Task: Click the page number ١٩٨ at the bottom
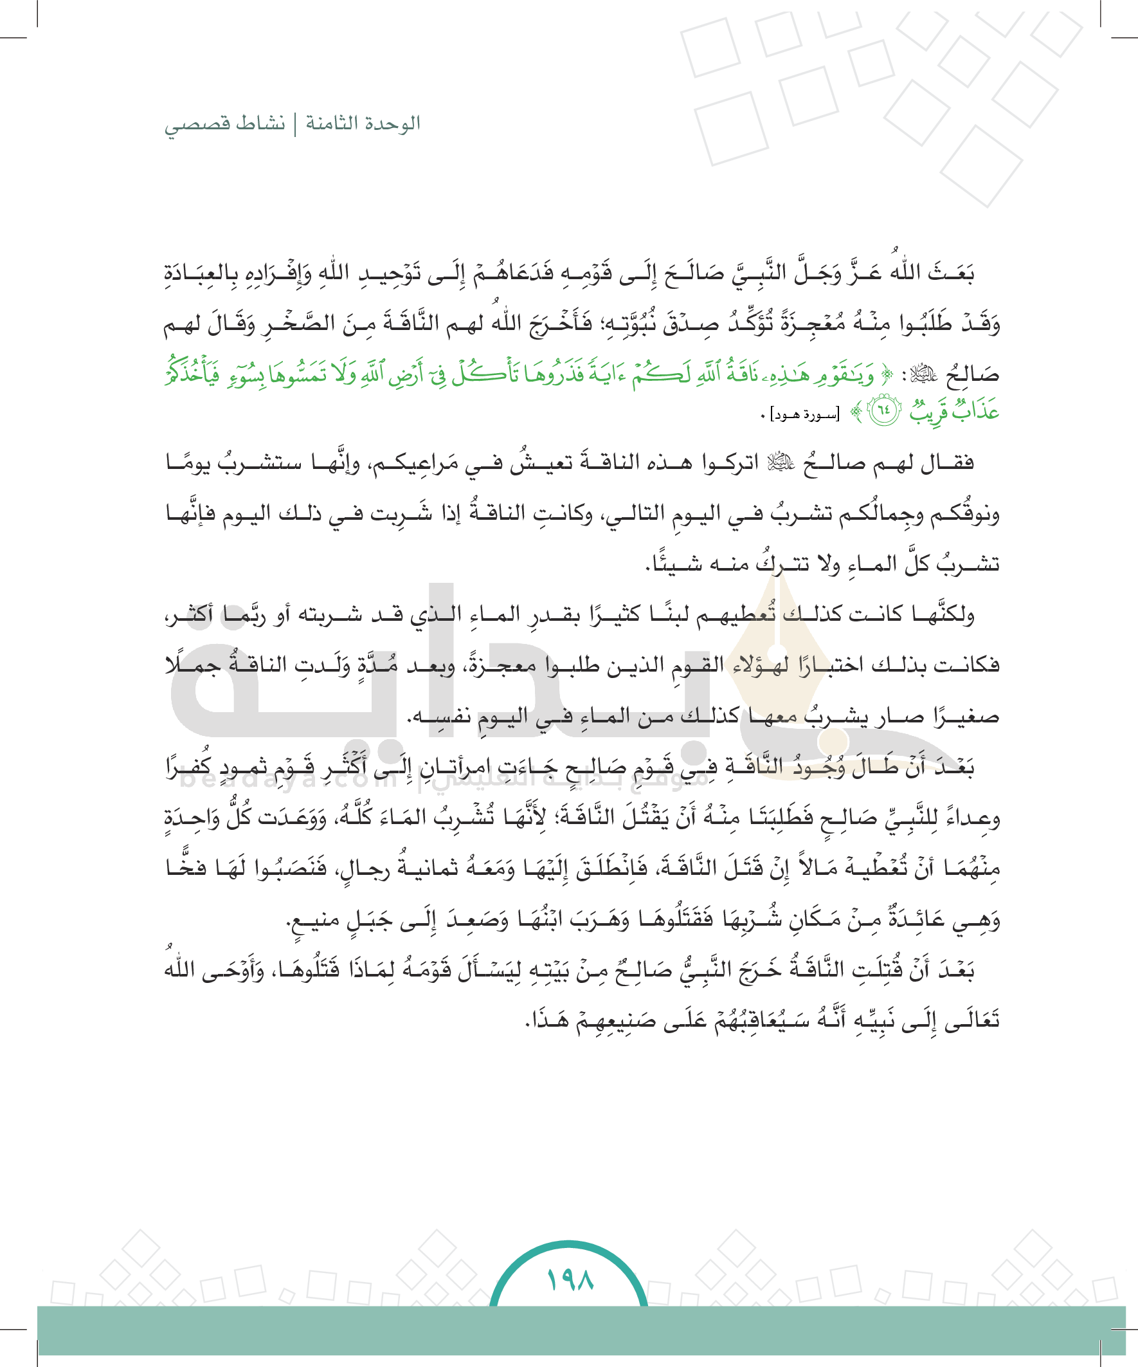[570, 1280]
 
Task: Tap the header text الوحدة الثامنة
[363, 123]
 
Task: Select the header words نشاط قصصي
[224, 123]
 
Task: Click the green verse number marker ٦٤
[884, 413]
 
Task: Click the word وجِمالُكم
[892, 515]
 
